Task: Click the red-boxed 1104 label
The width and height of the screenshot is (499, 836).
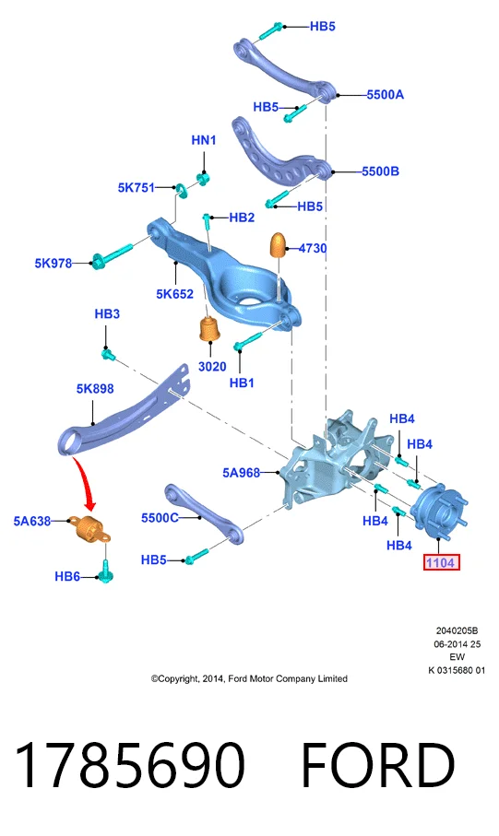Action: coord(441,562)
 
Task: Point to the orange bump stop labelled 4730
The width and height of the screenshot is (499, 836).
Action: coord(279,245)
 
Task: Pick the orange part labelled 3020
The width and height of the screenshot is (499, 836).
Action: coord(209,330)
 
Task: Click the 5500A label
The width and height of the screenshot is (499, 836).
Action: coord(385,95)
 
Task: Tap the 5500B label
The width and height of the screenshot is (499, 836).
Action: coord(380,171)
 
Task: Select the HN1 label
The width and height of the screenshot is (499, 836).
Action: coord(203,140)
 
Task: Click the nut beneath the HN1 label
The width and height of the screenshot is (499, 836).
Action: coord(203,179)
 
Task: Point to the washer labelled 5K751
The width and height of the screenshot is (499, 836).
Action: coord(182,189)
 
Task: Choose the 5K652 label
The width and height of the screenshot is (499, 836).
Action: coord(174,294)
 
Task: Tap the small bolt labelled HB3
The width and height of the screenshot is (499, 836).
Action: coord(108,353)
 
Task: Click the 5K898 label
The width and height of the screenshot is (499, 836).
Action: coord(95,389)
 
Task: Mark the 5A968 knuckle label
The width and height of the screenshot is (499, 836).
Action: coord(242,473)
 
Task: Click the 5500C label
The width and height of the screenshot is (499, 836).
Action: coord(160,518)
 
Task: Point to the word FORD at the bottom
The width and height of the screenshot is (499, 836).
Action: coord(378,764)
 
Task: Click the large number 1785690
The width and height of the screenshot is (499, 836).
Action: coord(130,764)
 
